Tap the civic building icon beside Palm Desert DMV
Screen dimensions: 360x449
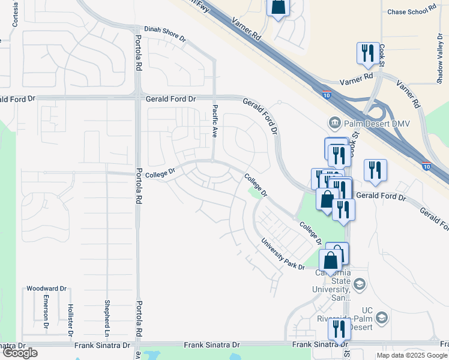(x=334, y=124)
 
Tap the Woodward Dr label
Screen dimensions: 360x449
(x=46, y=289)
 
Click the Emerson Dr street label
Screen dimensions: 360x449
(x=46, y=311)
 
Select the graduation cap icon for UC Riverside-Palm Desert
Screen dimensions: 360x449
(x=381, y=317)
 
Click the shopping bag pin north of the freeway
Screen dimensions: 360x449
(x=279, y=8)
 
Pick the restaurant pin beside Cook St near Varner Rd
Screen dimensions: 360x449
(x=367, y=53)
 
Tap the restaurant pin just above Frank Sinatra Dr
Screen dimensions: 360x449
(x=340, y=328)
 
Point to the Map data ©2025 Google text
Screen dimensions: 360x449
(x=412, y=355)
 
